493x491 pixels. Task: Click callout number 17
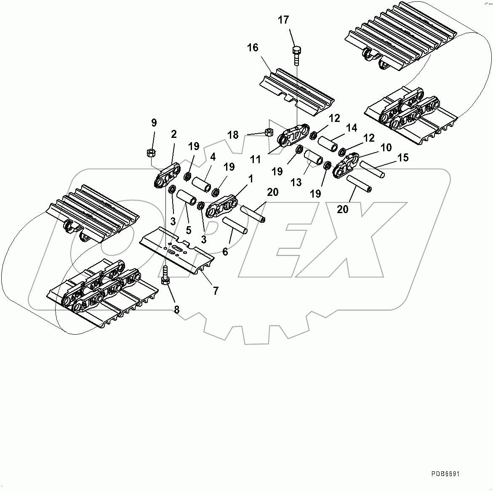pos(283,20)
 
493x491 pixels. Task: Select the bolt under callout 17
pos(296,54)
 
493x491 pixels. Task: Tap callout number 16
pos(253,48)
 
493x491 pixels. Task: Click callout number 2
pos(173,134)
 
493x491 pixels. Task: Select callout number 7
pos(216,290)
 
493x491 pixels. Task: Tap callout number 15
pos(403,158)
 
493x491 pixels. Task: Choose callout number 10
pos(386,148)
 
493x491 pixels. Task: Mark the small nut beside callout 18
pos(268,133)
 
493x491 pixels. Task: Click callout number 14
pos(352,128)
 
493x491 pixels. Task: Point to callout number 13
pos(296,182)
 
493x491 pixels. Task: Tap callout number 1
pos(250,179)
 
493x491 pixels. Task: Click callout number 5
pos(189,230)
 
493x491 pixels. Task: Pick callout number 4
pos(213,158)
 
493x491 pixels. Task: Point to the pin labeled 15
pos(372,169)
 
